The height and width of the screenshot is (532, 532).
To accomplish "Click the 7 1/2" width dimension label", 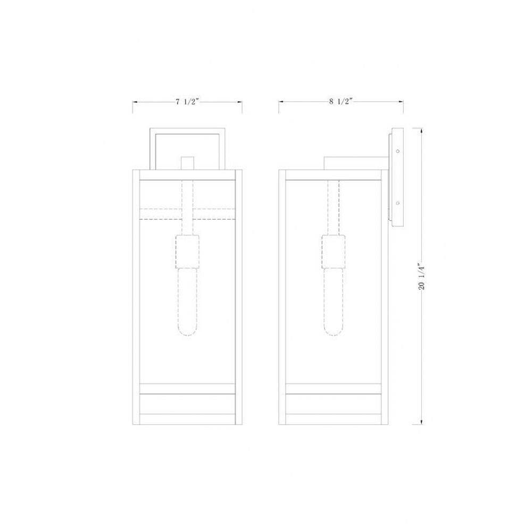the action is click(187, 102).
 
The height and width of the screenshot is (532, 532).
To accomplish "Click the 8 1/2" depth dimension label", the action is click(340, 101).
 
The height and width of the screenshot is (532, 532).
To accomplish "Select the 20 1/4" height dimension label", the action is click(422, 276).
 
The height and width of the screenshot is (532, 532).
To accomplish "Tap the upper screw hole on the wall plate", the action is click(397, 151).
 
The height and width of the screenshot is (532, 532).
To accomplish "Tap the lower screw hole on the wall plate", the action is click(397, 203).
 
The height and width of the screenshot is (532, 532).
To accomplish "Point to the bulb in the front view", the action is click(187, 302).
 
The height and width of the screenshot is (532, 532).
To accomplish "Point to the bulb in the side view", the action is click(333, 302).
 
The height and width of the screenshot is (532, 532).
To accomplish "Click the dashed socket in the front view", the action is click(187, 252).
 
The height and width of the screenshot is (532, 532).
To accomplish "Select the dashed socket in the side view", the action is click(333, 252).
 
